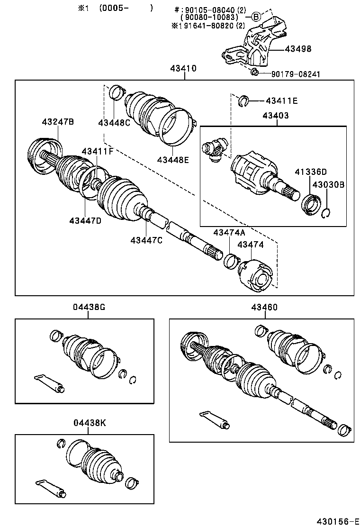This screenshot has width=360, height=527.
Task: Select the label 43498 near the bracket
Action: pos(298,49)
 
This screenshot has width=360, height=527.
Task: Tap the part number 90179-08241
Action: pos(296,74)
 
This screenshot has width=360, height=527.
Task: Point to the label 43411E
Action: pos(281,100)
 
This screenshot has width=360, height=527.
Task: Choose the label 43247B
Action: pos(58,122)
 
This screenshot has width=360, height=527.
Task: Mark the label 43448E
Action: pos(173,160)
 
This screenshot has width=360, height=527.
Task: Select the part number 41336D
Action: pos(311,172)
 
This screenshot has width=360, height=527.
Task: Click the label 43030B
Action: pos(328,184)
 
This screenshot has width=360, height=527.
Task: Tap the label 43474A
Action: pos(229,232)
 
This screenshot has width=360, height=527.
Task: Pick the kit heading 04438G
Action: pos(89,307)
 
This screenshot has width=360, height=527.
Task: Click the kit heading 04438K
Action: pos(89,422)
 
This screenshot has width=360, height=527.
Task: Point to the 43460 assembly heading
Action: pos(265,307)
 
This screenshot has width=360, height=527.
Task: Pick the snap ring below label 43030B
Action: pos(325,214)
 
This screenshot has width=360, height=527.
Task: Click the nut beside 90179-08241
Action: pos(254,72)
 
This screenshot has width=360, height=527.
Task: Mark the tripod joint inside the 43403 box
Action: pos(216,148)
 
